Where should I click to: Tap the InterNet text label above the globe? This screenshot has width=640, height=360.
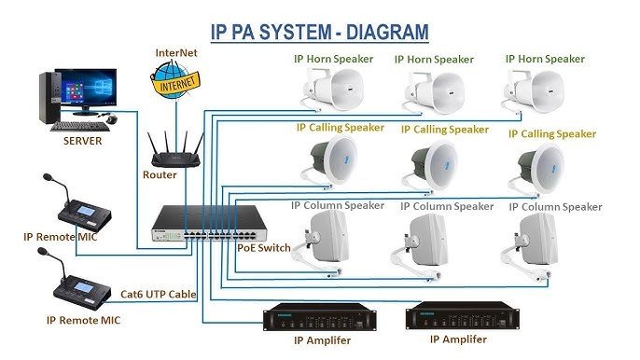tap(177, 52)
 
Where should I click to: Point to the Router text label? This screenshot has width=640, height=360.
tap(160, 174)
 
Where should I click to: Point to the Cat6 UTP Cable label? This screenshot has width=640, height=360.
tap(159, 294)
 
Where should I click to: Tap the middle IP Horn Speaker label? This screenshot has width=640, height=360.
tap(433, 60)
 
